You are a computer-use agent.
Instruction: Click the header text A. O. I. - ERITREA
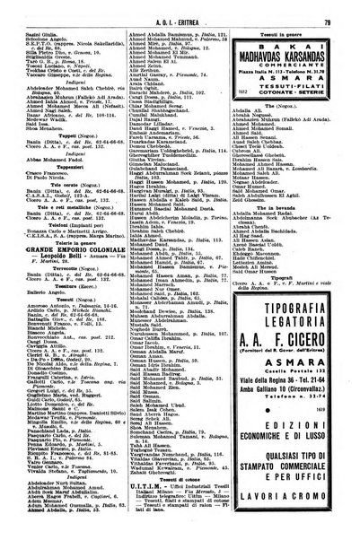click(x=180, y=11)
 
